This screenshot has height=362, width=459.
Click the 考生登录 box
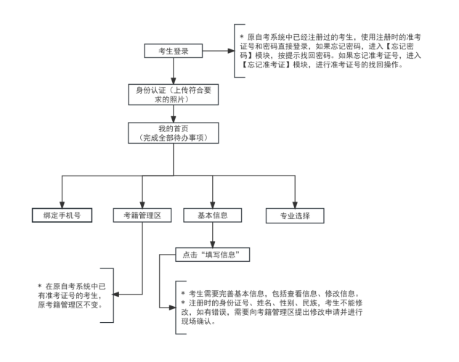173,52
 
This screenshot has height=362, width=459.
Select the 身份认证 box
173,95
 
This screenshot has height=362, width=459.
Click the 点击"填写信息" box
211,255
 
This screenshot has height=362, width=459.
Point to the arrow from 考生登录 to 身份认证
173,73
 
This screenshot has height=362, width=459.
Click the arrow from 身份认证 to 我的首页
173,115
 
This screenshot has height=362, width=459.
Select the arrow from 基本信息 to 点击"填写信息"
211,236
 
